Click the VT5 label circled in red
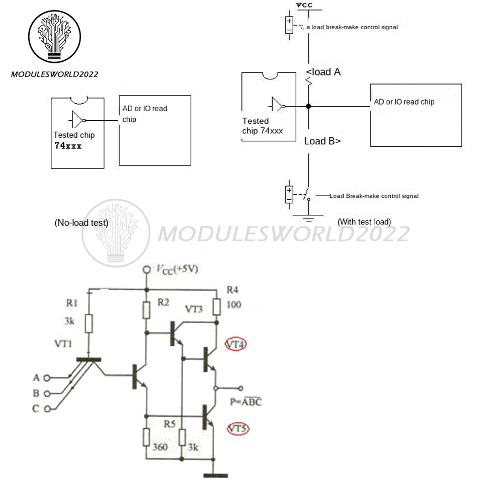point(237,429)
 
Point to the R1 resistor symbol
point(89,324)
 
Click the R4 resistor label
point(232,290)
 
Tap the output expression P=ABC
point(245,402)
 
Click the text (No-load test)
point(81,223)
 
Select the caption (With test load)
point(364,221)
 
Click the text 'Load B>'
point(322,141)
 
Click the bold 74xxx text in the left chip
point(68,146)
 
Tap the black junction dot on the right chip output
point(308,106)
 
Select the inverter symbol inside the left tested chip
point(78,120)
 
